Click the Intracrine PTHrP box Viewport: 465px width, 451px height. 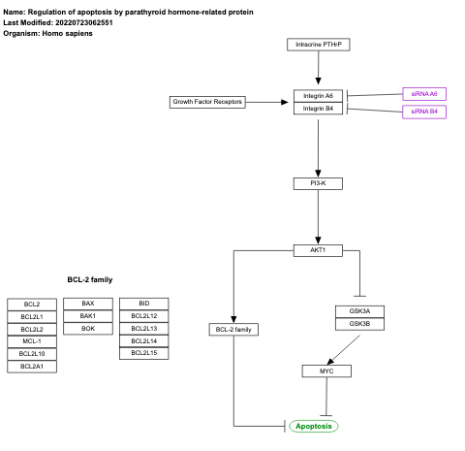click(x=318, y=45)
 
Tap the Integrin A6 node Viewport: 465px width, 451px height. click(x=318, y=96)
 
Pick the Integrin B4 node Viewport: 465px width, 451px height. click(x=318, y=109)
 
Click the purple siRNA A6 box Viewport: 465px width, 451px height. click(x=424, y=94)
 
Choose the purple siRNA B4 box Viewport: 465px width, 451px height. click(x=424, y=112)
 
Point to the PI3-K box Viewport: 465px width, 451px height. click(x=318, y=183)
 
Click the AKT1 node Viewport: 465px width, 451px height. click(x=318, y=250)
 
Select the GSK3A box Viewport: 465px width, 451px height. click(x=346, y=311)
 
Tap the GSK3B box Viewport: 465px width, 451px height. click(x=346, y=323)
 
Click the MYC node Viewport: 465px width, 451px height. click(x=325, y=370)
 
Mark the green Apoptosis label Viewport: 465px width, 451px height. click(x=313, y=426)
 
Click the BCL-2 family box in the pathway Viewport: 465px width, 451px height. click(x=233, y=330)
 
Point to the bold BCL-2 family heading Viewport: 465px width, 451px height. click(x=89, y=279)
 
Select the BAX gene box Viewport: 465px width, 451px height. click(x=88, y=304)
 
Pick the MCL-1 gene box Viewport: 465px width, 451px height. click(x=32, y=341)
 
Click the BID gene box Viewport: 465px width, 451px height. click(x=144, y=304)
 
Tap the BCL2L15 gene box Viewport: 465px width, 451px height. click(x=144, y=354)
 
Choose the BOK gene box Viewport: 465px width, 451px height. click(x=88, y=329)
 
